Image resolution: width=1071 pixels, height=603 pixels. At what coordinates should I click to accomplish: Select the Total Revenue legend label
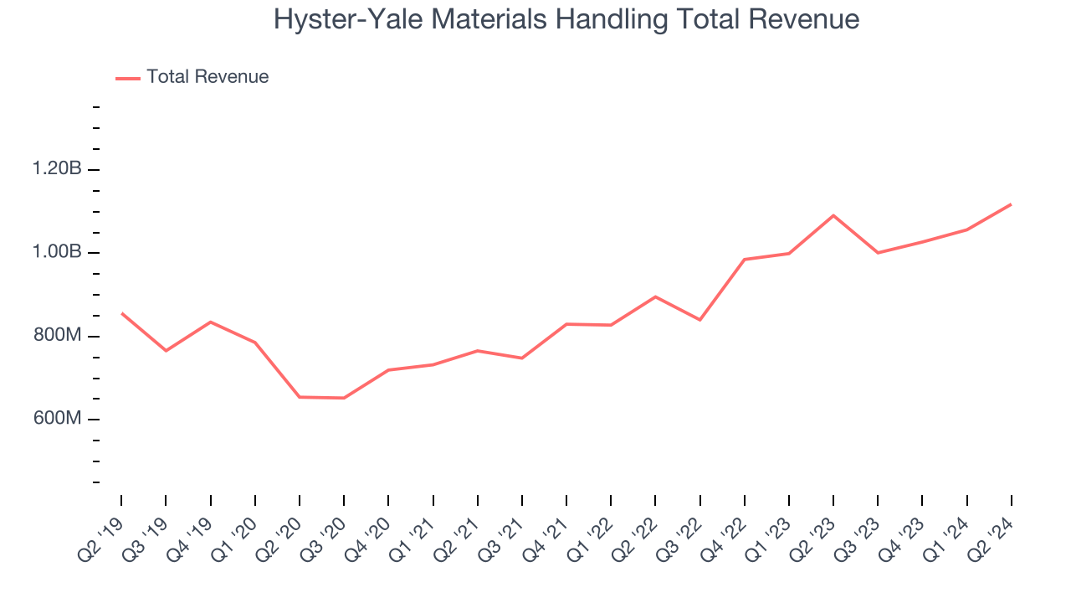click(208, 77)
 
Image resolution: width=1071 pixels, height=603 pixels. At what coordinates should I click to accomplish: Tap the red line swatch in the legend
click(128, 78)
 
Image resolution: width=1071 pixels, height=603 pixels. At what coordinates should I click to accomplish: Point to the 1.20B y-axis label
click(57, 169)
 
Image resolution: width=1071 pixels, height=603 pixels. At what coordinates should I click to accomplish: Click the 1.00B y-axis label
click(57, 252)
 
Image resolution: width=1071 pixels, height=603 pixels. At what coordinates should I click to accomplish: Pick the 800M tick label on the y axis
click(57, 336)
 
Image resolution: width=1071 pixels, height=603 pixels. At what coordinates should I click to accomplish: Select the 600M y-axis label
click(57, 419)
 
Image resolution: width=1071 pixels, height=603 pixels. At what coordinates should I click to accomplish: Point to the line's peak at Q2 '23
click(833, 215)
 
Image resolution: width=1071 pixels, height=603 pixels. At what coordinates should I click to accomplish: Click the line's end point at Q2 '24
click(1012, 204)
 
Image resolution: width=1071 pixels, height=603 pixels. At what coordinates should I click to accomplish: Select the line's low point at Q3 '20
click(344, 398)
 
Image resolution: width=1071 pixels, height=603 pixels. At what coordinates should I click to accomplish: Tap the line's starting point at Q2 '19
click(121, 313)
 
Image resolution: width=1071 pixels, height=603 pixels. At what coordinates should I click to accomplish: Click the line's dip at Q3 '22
click(699, 320)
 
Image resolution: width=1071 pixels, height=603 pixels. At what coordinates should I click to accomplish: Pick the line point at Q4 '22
click(745, 260)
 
